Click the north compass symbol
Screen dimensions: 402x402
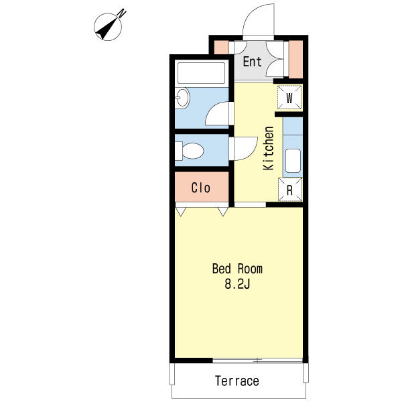point(108,27)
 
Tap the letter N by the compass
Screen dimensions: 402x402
point(122,13)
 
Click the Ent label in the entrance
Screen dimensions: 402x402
point(253,62)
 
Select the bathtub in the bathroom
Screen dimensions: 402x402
point(202,73)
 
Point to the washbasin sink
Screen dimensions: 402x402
point(182,98)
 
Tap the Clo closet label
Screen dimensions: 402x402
point(201,188)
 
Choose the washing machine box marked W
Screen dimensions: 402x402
point(289,98)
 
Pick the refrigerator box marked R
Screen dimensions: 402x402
point(290,190)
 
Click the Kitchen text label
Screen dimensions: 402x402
point(269,148)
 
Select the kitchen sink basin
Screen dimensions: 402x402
point(293,161)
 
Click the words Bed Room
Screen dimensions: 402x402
point(237,269)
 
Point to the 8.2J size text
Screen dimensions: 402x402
point(237,284)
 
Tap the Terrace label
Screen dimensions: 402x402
point(237,381)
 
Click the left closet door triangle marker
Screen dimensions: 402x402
point(181,212)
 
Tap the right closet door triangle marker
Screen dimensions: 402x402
point(223,212)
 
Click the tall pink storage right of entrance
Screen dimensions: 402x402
point(296,59)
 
